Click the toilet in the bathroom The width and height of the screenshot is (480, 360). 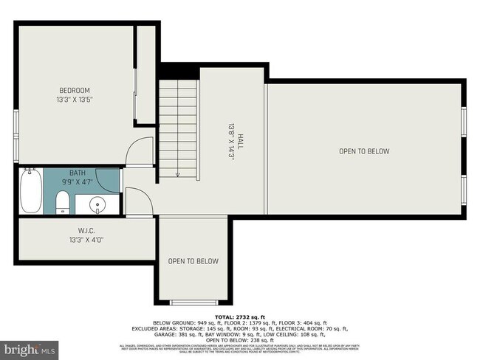pos(63,201)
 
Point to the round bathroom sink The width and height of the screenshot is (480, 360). pos(97,203)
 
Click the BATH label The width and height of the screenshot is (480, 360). pos(78,171)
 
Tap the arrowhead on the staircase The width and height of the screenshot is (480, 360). pos(178,175)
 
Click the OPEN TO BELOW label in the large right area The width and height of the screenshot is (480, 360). pos(363,151)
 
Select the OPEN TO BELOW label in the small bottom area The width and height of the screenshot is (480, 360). pos(193,261)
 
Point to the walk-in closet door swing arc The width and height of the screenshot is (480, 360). pos(138,201)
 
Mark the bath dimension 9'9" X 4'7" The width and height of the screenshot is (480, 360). pos(78,180)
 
